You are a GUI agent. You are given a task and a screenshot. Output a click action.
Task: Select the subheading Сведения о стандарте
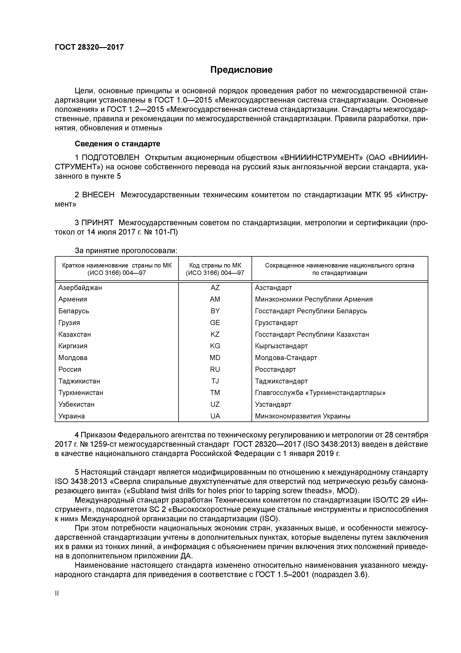coord(117,144)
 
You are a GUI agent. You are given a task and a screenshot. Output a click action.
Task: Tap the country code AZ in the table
coord(215,288)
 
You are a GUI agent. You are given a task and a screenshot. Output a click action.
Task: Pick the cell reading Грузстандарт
coord(276,323)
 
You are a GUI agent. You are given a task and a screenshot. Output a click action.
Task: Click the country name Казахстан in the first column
coord(75,334)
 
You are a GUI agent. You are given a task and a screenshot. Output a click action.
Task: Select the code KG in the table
coord(215,346)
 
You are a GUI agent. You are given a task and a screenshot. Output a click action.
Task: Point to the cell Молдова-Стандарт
coord(286,358)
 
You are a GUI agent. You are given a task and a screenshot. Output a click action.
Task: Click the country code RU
coord(215,369)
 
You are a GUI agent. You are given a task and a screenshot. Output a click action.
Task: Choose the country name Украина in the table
coord(72,416)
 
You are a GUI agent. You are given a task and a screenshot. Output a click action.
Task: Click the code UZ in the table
coord(215,404)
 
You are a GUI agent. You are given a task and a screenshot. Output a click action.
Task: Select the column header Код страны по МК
coord(215,265)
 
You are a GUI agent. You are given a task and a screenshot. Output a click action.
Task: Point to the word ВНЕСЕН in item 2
coord(98,195)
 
